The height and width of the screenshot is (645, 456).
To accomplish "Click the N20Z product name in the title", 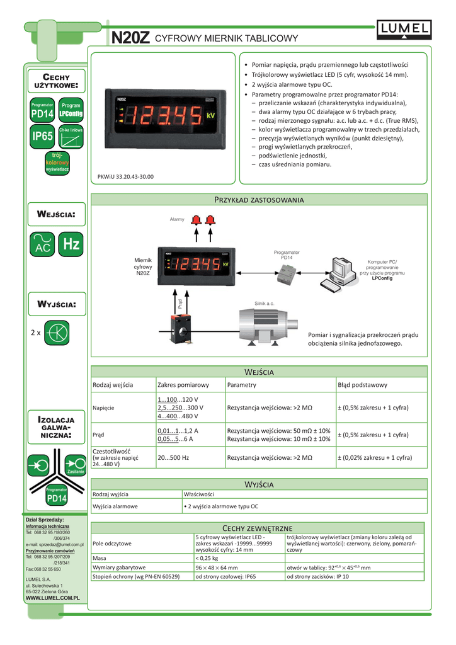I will pyautogui.click(x=130, y=38).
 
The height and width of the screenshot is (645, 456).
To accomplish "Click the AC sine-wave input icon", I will pyautogui.click(x=42, y=245).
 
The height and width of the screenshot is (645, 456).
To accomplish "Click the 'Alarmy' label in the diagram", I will pyautogui.click(x=177, y=219).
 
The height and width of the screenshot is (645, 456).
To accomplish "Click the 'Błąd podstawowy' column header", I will pyautogui.click(x=363, y=385).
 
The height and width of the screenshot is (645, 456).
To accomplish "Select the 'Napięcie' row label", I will pyautogui.click(x=104, y=408).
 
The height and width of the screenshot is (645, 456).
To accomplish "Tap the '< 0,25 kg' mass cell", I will pyautogui.click(x=207, y=557).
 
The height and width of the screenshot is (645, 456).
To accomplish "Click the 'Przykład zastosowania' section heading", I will pyautogui.click(x=259, y=200).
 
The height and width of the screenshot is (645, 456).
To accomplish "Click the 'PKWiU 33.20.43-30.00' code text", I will pyautogui.click(x=126, y=177).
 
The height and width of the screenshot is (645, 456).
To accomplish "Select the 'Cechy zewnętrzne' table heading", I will pyautogui.click(x=258, y=527).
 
